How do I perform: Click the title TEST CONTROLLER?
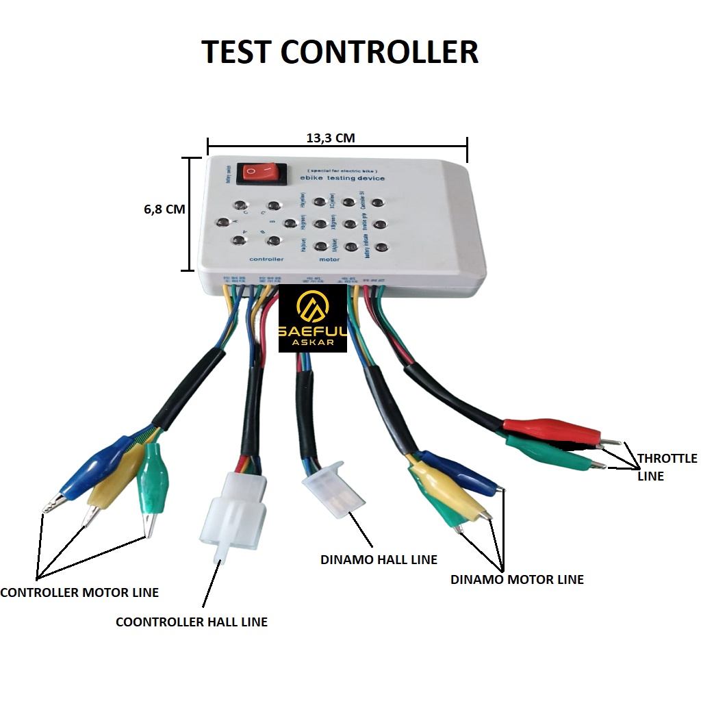pos(340,53)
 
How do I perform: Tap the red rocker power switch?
pos(259,173)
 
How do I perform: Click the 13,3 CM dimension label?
pos(330,138)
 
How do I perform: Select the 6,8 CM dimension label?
pos(164,209)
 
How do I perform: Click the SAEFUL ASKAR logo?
pos(312,319)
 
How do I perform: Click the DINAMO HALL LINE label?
pos(379,559)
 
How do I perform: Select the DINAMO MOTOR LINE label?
pos(517,579)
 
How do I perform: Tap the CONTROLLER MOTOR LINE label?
pos(79,592)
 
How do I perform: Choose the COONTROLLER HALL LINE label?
pos(192,622)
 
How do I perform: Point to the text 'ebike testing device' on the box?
pos(342,179)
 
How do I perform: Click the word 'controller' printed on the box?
pos(266,259)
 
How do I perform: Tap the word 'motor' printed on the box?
pos(329,259)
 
